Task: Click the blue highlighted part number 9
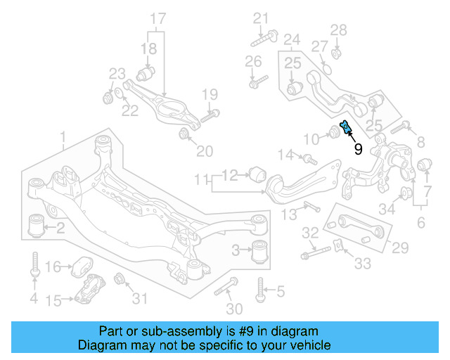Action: click(345, 128)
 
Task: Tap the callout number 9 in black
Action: click(358, 149)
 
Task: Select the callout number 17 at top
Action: click(158, 18)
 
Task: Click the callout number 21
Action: click(262, 18)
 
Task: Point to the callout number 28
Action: click(339, 30)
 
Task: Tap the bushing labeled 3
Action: click(261, 250)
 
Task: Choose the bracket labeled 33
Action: click(338, 247)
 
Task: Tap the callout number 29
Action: click(399, 247)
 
